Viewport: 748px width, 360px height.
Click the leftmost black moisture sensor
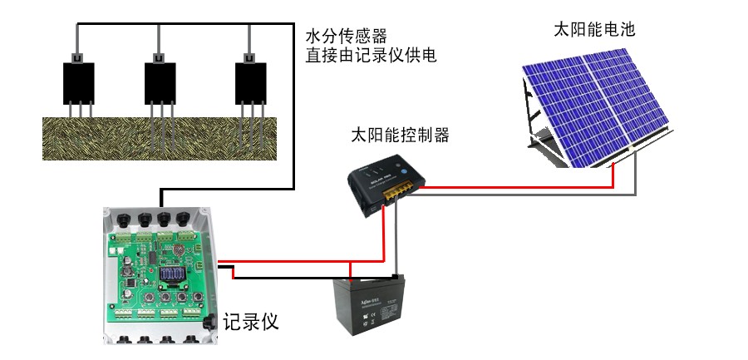coord(78,81)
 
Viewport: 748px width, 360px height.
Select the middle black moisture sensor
coord(160,81)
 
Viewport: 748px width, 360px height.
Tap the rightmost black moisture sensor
coord(249,81)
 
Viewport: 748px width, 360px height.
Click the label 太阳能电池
coord(594,30)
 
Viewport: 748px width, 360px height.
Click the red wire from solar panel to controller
coord(515,188)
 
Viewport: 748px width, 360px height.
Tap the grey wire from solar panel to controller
coord(532,197)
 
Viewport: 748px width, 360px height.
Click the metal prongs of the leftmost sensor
coord(78,111)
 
